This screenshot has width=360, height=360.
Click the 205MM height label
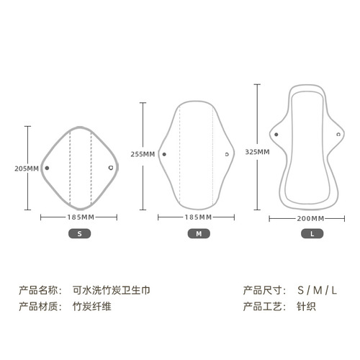pos(27,168)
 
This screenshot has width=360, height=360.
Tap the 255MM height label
pos(143,154)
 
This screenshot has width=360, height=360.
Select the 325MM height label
pos(257,152)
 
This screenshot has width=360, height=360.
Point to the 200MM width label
pos(310,219)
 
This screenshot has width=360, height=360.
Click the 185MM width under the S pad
pos(81,217)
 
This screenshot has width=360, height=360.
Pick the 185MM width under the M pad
pos(198,217)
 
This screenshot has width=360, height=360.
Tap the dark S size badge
pos(80,233)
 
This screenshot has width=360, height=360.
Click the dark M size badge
pos(199,233)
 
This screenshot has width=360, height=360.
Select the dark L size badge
pos(312,233)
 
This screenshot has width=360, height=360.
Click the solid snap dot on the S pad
pos(47,168)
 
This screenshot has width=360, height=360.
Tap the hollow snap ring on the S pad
pos(111,168)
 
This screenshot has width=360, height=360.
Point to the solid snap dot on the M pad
pos(164,154)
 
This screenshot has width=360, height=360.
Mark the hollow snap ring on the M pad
pos(227,154)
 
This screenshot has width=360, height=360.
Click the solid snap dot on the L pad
pos(276,135)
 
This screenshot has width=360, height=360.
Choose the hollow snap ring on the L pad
pos(338,135)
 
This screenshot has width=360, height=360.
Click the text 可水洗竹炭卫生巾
pos(112,290)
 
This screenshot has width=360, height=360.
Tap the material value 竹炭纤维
pos(92,307)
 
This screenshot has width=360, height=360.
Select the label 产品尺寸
pos(262,290)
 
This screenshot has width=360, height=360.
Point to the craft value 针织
pos(306,307)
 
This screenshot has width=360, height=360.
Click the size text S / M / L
pos(317,290)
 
